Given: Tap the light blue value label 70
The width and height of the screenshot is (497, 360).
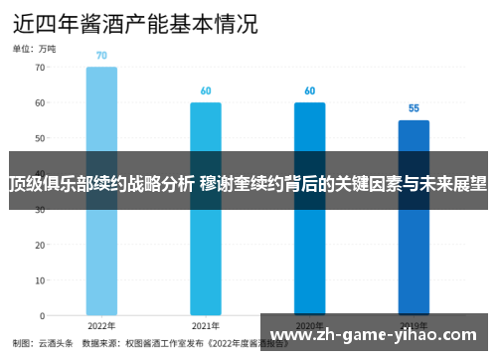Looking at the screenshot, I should [101, 56].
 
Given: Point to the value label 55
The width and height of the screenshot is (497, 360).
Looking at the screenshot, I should [414, 108].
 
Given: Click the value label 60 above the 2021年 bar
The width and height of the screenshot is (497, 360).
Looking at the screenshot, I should [206, 90].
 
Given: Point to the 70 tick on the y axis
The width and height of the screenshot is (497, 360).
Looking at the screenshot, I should [40, 68].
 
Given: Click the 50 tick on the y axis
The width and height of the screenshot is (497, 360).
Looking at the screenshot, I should [40, 138].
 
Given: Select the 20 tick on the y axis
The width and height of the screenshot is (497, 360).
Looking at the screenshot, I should [40, 245].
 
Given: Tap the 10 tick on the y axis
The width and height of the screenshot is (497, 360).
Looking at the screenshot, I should [40, 280].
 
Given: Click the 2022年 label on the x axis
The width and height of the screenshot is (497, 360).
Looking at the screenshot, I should [101, 326].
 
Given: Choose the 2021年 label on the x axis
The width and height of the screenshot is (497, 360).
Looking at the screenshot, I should [206, 326].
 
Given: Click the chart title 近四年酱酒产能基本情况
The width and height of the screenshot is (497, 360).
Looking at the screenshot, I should [135, 22].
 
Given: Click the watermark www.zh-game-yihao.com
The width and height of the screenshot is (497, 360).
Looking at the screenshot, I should [379, 332].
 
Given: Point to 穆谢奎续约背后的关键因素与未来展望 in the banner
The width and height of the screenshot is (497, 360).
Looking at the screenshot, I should [344, 183].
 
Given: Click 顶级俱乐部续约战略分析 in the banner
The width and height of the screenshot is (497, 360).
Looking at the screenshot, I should [101, 183].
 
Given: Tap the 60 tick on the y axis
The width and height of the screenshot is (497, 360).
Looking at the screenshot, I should [40, 102].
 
